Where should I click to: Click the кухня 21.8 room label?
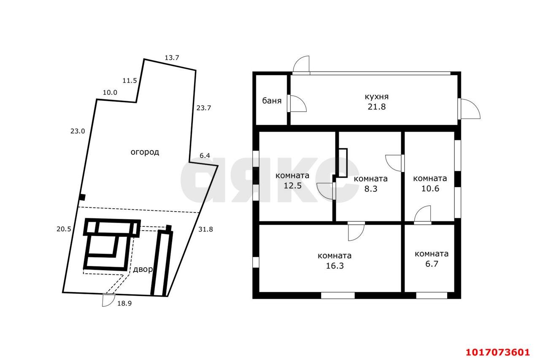tap(377, 102)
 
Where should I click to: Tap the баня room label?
tap(272, 100)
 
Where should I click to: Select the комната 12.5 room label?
tap(292, 180)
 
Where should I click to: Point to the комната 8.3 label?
tap(371, 184)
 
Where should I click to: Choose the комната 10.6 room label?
tap(430, 183)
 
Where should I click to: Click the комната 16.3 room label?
tap(335, 261)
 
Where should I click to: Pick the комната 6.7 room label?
tap(432, 258)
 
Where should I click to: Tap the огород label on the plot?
tap(145, 152)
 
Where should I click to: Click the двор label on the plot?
tap(143, 269)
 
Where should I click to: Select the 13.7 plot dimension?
tap(172, 58)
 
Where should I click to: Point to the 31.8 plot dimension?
tap(205, 229)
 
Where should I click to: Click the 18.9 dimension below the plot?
tap(124, 304)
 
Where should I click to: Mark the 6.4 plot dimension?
tap(205, 156)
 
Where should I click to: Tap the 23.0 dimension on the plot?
tap(78, 132)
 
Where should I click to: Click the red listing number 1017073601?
tap(497, 352)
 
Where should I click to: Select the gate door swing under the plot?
tap(108, 300)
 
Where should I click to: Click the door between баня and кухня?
tap(297, 103)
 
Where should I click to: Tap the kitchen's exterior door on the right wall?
tap(469, 109)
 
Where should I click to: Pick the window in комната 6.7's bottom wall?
tap(432, 296)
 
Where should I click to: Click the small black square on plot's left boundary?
tap(82, 198)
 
